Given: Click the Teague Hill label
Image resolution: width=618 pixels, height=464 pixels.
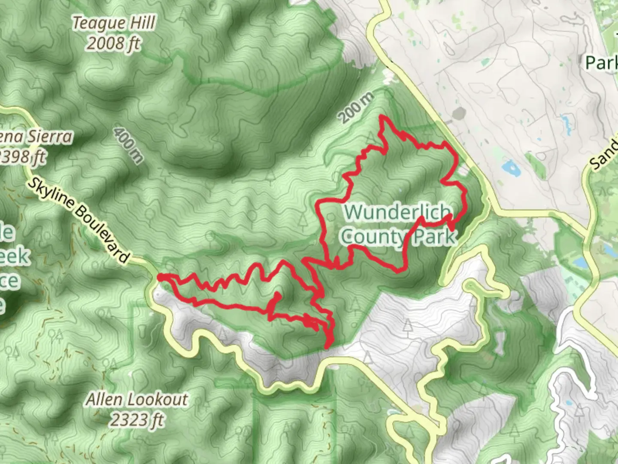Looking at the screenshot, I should (x=113, y=23).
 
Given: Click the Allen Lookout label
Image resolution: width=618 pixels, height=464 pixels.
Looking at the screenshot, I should (x=137, y=400).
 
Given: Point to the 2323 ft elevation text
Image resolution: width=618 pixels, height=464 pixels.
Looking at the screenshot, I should (x=137, y=420).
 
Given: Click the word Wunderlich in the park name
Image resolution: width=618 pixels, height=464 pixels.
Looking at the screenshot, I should (x=398, y=212).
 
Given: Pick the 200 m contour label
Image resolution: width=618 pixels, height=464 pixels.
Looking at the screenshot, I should (x=356, y=107).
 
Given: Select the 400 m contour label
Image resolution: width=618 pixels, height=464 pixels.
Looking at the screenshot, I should (x=128, y=145).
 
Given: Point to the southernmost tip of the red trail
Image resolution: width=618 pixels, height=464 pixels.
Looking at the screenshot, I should (x=327, y=347).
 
